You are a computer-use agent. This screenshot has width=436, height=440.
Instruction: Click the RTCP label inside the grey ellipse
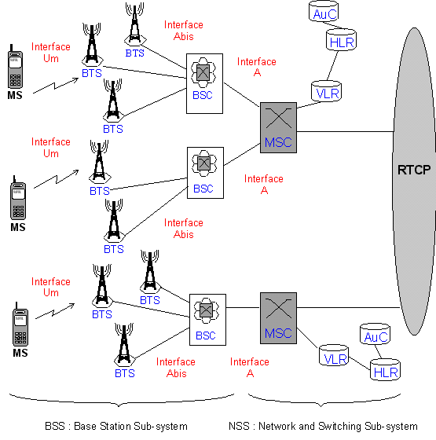pos(414,170)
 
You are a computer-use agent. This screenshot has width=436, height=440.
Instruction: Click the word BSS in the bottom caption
pos(55,426)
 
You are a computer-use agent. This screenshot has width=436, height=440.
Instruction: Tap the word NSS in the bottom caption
pos(239,426)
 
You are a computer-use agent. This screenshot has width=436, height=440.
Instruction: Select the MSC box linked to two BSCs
pos(278,127)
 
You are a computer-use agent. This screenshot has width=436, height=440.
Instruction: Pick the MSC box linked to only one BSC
pos(278,318)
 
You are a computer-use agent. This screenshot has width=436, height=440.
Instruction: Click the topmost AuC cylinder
pos(324,11)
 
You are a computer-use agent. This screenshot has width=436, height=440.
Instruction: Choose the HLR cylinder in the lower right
pos(385,369)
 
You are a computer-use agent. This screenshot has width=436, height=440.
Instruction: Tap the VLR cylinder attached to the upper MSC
pos(326,91)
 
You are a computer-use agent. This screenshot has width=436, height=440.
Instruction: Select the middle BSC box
pos(205,173)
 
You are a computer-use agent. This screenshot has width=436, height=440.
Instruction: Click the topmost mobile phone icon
pos(15,67)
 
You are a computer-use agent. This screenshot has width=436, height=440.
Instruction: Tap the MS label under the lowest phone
pos(20,353)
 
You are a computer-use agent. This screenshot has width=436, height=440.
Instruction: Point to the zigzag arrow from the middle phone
pos(56,179)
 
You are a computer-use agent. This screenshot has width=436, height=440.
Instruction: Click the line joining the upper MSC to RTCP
pos(345,131)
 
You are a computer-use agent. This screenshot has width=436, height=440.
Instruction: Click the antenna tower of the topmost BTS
pos(135,23)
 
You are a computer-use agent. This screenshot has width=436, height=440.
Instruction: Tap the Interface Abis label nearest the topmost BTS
pos(184,31)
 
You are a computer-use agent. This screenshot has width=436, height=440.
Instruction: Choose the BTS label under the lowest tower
pos(125,373)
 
